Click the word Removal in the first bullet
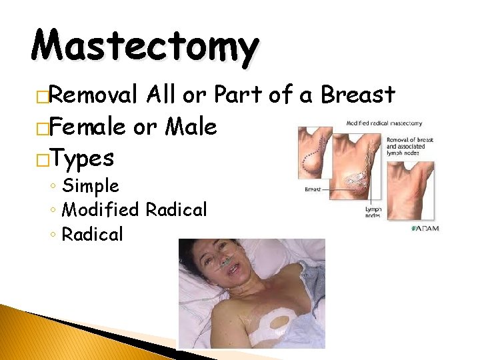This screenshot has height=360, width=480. pyautogui.click(x=95, y=95)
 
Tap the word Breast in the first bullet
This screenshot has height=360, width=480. pyautogui.click(x=357, y=95)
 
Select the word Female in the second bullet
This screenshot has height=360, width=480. pyautogui.click(x=89, y=126)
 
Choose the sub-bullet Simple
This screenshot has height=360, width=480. pyautogui.click(x=90, y=186)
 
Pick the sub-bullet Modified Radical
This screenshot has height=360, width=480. pyautogui.click(x=134, y=210)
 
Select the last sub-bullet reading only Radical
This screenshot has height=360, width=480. pyautogui.click(x=92, y=234)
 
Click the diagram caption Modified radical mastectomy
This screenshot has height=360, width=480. pyautogui.click(x=384, y=123)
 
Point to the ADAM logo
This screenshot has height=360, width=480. pyautogui.click(x=425, y=229)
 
